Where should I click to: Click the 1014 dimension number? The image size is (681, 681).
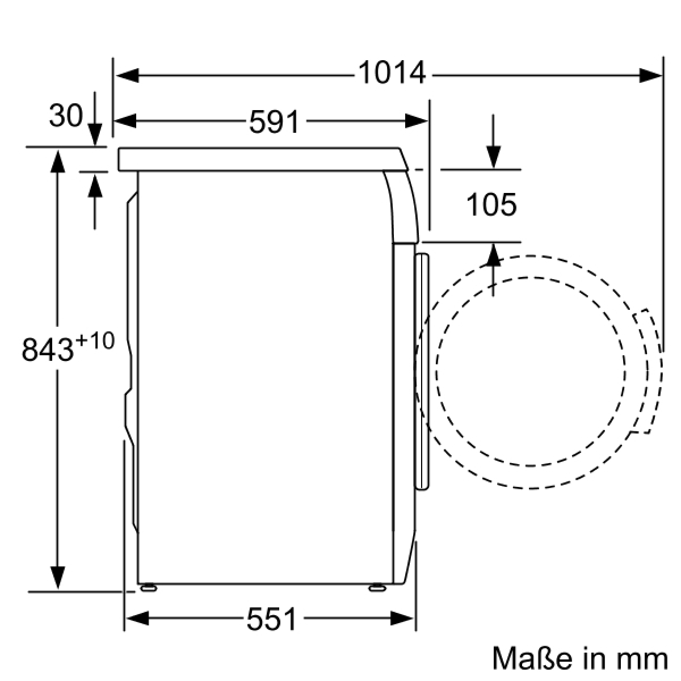[392, 73]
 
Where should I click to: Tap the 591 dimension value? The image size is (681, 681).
[274, 121]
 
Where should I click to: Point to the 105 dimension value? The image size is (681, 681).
[491, 205]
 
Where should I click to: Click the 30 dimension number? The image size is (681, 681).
[66, 115]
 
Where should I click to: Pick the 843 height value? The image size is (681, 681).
[48, 349]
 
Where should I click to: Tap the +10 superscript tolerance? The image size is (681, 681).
[95, 340]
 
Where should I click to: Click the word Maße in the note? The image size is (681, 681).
[532, 657]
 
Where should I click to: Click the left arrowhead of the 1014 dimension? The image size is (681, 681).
[127, 75]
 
